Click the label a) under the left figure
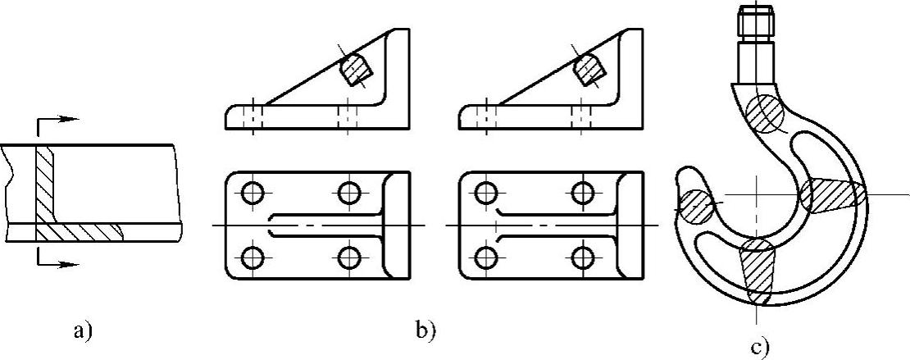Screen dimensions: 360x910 (x=82, y=332)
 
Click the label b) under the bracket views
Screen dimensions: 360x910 (x=426, y=332)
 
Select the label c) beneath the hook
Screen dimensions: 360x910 (x=759, y=349)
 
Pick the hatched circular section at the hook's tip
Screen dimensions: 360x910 (x=694, y=205)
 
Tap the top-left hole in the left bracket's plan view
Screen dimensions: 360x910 (x=253, y=194)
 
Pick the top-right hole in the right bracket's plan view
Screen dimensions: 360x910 (x=583, y=194)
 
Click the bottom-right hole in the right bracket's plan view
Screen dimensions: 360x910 (x=583, y=256)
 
